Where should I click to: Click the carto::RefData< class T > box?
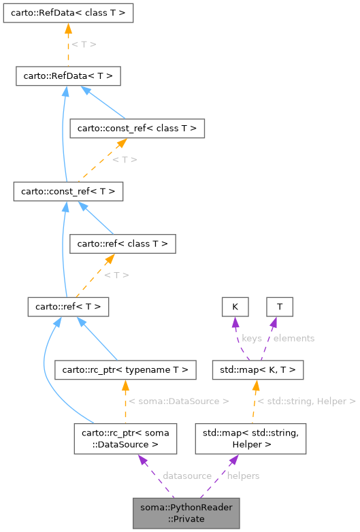pos(67,12)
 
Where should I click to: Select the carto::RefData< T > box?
pos(68,76)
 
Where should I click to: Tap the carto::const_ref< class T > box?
pos(137,127)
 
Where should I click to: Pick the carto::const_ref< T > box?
pos(68,191)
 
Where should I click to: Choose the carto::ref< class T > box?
pos(123,243)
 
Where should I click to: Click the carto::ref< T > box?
pos(68,307)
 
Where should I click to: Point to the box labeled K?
pos(235,307)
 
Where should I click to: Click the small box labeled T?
pos(279,307)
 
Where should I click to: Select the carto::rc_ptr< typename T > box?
pos(125,370)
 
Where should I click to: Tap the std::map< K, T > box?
pos(258,370)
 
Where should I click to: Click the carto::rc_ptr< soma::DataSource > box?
pos(125,439)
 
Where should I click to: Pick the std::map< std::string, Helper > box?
pos(251,439)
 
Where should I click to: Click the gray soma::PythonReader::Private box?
pos(187,513)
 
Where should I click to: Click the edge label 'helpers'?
pos(243,476)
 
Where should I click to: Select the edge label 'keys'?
pos(252,337)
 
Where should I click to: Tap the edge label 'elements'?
pos(294,337)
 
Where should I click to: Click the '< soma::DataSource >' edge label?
pos(178,401)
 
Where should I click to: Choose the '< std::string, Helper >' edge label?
pos(307,401)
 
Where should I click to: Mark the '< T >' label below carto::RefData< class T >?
pos(84,44)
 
